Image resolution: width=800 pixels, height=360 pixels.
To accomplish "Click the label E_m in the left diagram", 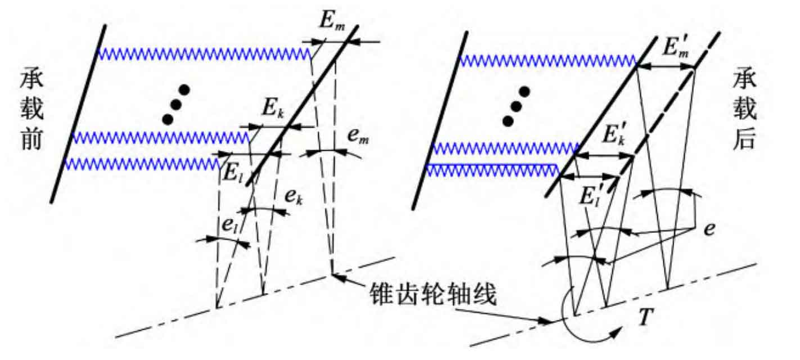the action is [x=332, y=22].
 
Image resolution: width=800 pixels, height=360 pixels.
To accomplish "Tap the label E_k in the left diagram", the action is [x=273, y=107].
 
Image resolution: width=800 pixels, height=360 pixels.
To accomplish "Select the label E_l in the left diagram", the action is [x=233, y=174].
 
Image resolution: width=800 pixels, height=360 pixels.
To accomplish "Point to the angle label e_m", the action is [x=358, y=136].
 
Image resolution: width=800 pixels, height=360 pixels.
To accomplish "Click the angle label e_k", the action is [x=293, y=197].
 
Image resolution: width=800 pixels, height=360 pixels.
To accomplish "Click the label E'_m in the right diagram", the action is [x=676, y=46].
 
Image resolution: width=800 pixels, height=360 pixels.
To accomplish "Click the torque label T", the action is [x=646, y=317].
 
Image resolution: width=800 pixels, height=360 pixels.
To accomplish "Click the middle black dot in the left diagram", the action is [x=176, y=105].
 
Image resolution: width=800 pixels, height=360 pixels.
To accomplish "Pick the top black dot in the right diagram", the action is [x=525, y=92].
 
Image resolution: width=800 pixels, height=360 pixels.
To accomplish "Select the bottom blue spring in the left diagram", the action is [x=142, y=164].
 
